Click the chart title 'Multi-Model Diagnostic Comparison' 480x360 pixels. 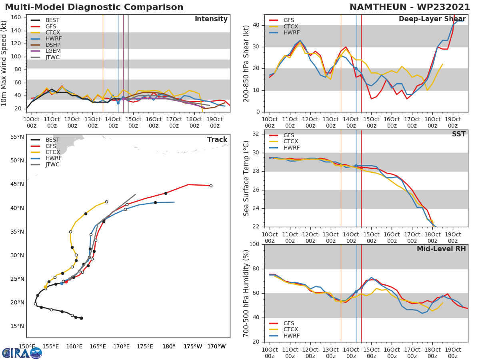94,7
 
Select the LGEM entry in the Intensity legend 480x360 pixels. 52,51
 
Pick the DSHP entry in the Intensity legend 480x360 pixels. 53,45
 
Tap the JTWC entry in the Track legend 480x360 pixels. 52,164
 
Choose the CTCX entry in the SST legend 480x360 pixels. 291,142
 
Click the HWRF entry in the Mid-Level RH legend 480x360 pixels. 291,336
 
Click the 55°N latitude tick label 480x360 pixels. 17,137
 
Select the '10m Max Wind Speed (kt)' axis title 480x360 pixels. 4,63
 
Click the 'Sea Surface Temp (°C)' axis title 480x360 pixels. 246,178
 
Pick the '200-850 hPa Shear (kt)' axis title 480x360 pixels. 246,63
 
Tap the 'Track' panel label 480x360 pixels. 217,140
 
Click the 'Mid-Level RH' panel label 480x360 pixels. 441,249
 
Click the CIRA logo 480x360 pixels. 22,353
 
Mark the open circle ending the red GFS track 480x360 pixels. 211,186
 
